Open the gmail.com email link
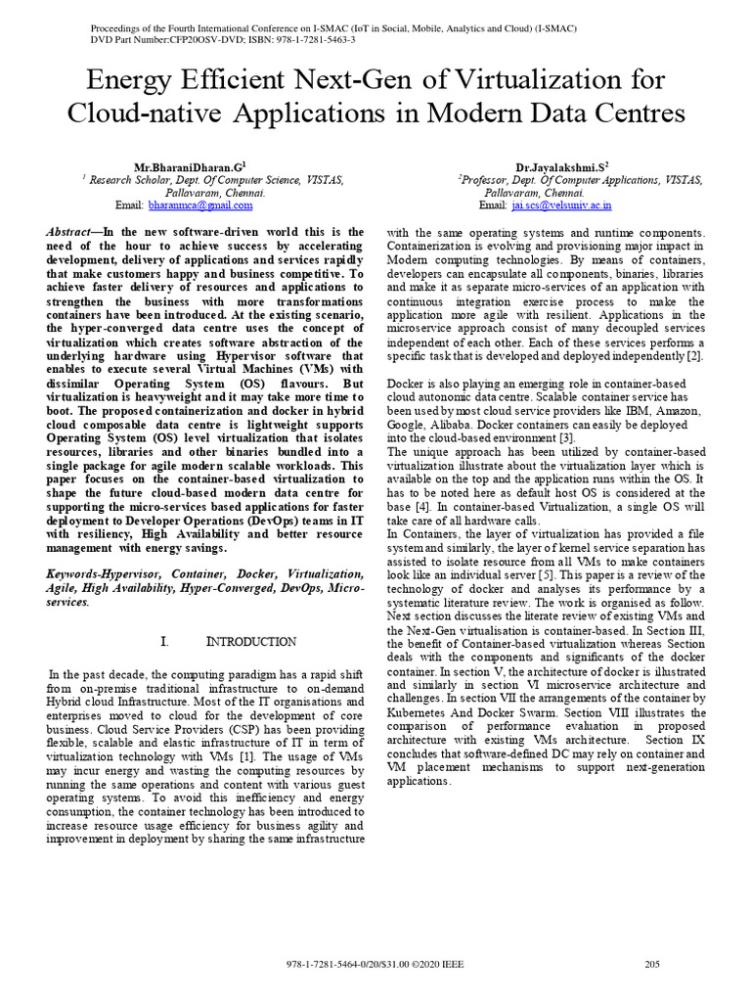(x=200, y=205)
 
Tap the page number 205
(x=653, y=965)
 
